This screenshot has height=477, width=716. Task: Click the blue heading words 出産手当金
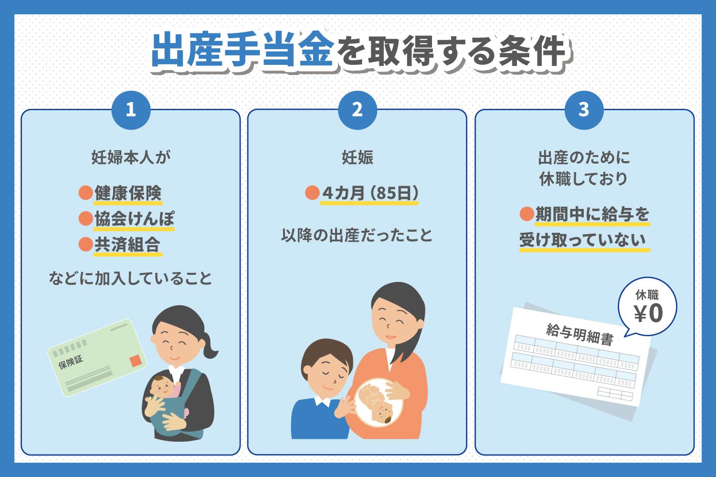point(243,50)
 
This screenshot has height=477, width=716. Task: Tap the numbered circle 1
point(131,110)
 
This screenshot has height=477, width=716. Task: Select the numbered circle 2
point(358,110)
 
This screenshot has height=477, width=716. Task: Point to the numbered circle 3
point(584,110)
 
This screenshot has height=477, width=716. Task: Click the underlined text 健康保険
point(128,193)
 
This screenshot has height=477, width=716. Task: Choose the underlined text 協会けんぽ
point(134,219)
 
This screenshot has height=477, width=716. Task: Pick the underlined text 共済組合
point(127,245)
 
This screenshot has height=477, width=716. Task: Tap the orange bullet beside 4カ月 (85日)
point(312,193)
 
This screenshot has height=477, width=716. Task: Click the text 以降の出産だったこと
point(357,236)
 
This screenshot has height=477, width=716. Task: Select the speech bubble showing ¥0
point(647,307)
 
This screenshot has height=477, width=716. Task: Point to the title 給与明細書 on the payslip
point(580,334)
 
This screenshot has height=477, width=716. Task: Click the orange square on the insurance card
point(135,361)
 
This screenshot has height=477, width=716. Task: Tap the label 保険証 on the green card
point(71,363)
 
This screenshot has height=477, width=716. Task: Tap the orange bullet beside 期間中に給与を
point(527,214)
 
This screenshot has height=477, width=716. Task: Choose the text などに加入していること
point(130,278)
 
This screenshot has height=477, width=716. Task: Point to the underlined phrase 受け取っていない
point(584,240)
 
